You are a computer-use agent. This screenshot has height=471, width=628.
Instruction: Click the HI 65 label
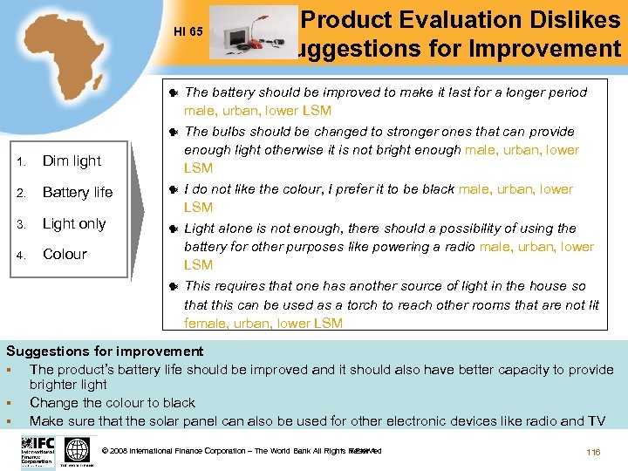(x=188, y=32)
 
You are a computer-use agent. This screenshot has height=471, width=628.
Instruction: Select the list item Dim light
(x=72, y=160)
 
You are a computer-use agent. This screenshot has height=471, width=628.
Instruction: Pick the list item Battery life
(x=78, y=192)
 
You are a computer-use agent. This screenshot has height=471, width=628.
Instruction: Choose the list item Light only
(x=74, y=223)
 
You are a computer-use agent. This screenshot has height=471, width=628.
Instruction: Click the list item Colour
(x=65, y=254)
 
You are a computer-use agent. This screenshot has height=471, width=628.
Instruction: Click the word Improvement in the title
(x=543, y=49)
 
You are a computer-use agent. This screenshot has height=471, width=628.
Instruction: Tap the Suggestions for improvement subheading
(x=105, y=352)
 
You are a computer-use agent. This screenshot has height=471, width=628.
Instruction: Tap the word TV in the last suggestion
(x=596, y=421)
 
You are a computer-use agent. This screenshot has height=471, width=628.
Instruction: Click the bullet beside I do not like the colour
(x=174, y=189)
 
